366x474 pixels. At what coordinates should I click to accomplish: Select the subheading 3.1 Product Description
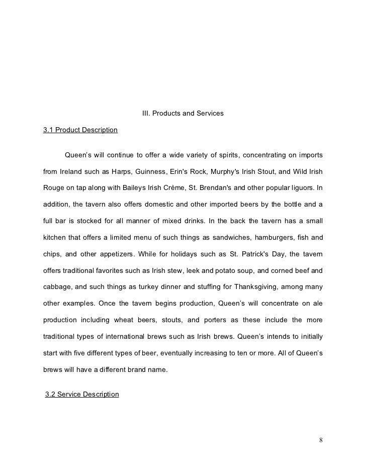coord(80,131)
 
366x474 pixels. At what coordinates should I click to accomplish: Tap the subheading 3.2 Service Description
coord(82,394)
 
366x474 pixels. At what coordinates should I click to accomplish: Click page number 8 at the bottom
coord(320,441)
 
